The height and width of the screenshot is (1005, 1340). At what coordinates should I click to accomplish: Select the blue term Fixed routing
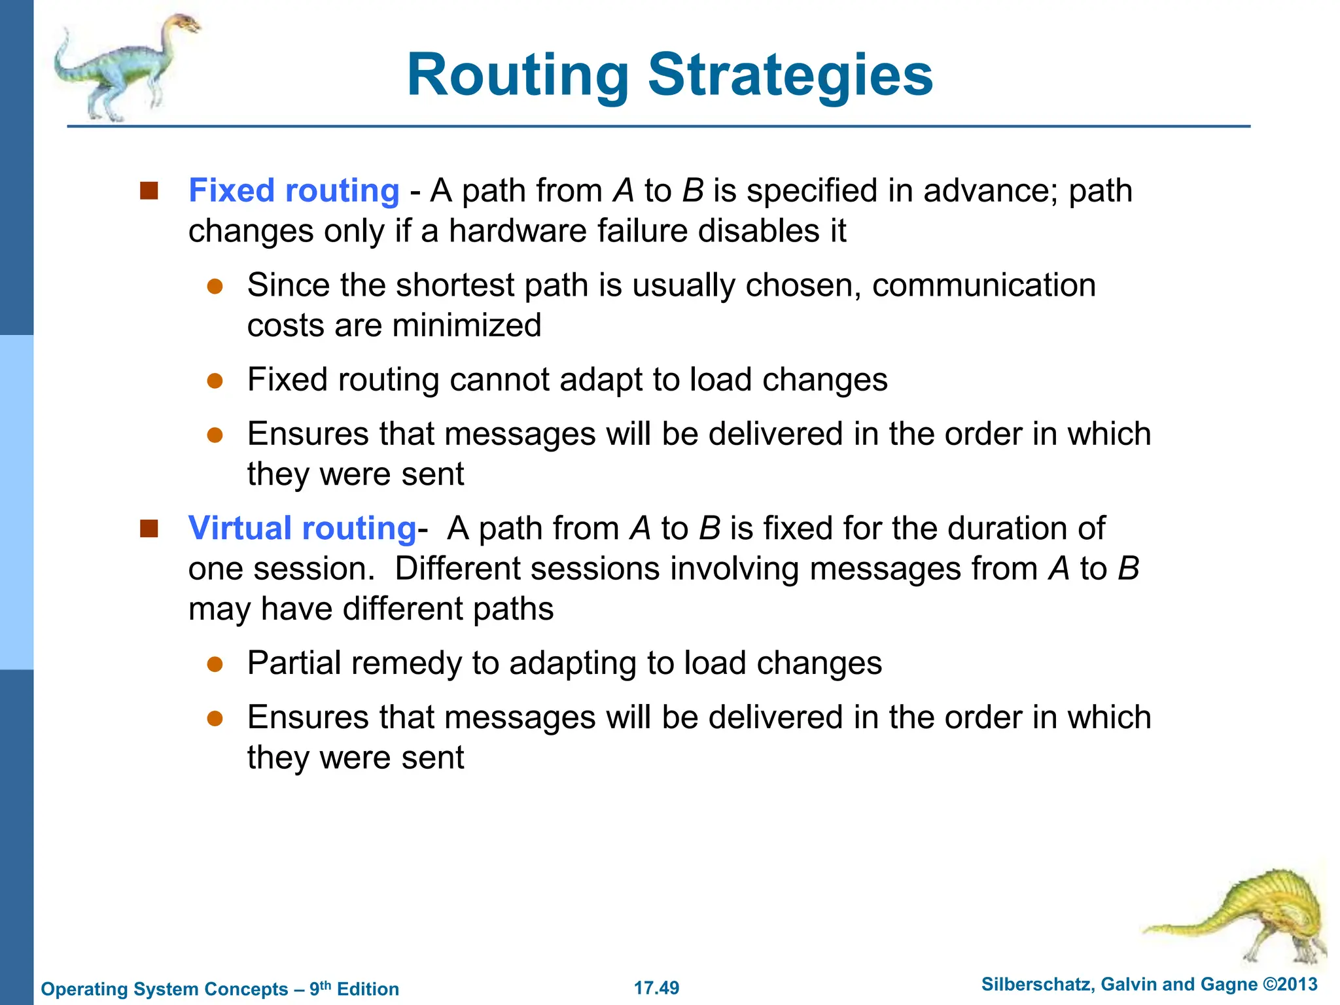(294, 191)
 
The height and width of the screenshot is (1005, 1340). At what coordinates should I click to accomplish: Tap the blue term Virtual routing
(302, 528)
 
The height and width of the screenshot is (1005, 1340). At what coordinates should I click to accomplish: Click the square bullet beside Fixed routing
(149, 191)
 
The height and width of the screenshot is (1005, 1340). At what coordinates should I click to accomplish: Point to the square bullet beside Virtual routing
(149, 528)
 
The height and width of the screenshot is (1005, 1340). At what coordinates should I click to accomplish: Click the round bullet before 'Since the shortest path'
(215, 287)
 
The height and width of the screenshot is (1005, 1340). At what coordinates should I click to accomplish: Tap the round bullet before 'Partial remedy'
(215, 665)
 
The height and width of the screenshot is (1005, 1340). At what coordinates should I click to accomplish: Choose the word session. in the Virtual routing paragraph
(314, 569)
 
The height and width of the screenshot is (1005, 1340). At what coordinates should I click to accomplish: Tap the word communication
(983, 285)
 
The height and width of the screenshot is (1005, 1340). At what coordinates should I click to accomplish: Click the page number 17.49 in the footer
(656, 988)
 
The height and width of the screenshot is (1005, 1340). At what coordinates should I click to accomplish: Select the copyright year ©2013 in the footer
(1290, 985)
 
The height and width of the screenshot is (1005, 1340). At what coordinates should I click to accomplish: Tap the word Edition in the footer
(368, 989)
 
